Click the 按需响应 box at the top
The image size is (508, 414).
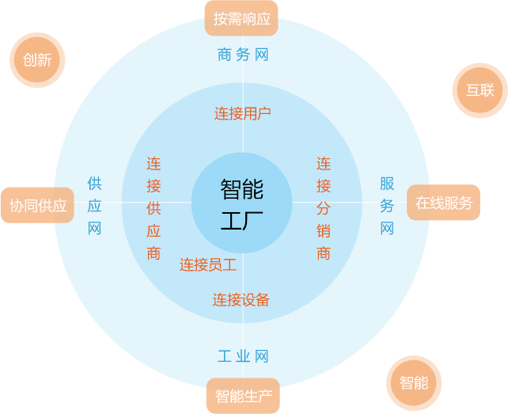click(x=241, y=18)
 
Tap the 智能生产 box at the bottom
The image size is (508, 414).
click(x=243, y=395)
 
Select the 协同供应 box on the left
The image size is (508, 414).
click(x=37, y=206)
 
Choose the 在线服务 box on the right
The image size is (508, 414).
click(x=443, y=203)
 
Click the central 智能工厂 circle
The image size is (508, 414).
click(x=242, y=203)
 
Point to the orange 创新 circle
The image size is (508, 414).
click(x=37, y=60)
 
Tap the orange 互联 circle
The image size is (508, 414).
click(x=480, y=90)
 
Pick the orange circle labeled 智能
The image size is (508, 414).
click(x=414, y=383)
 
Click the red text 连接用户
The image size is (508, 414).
click(x=243, y=113)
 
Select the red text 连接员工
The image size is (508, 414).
click(x=208, y=264)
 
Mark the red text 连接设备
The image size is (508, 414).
click(x=241, y=300)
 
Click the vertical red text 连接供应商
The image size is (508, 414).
click(x=154, y=209)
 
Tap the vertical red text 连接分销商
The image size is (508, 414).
click(x=324, y=209)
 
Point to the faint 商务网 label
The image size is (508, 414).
click(x=243, y=55)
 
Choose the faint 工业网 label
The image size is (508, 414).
click(x=243, y=356)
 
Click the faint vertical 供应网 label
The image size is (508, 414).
click(x=94, y=207)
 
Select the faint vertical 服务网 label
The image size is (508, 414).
click(x=386, y=207)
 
